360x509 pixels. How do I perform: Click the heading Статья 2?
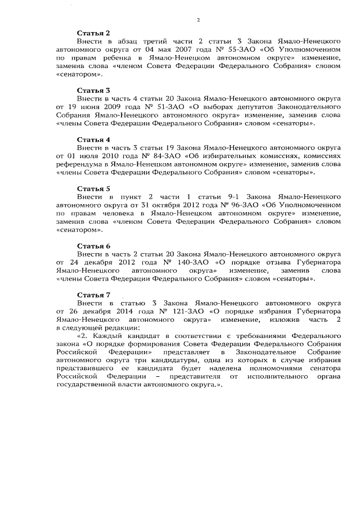93,34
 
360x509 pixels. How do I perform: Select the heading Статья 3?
93,89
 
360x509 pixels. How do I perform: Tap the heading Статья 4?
93,139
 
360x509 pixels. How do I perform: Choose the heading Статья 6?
93,246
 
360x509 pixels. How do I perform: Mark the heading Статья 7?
93,295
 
